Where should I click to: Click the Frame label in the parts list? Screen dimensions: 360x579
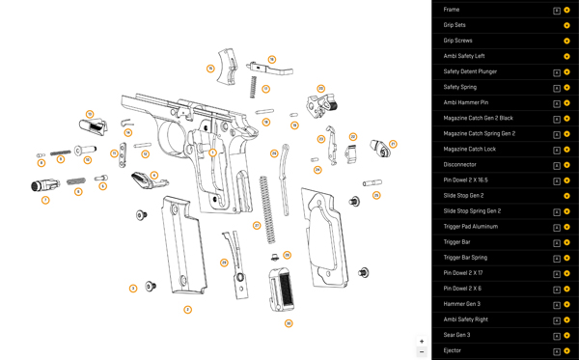pyautogui.click(x=452, y=10)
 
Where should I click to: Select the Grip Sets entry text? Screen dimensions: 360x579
pyautogui.click(x=455, y=25)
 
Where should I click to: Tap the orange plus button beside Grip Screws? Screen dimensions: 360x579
pyautogui.click(x=566, y=41)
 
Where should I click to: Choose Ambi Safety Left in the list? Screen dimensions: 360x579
pyautogui.click(x=464, y=56)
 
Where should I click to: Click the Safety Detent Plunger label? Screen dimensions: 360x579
pyautogui.click(x=470, y=71)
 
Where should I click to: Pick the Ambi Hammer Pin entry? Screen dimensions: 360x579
pyautogui.click(x=466, y=102)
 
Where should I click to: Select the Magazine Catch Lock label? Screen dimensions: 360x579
pyautogui.click(x=469, y=149)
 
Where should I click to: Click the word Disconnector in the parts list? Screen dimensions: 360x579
pyautogui.click(x=460, y=164)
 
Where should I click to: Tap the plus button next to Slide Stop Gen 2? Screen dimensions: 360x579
pyautogui.click(x=566, y=196)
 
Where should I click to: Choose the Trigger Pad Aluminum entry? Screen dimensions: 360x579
pyautogui.click(x=470, y=227)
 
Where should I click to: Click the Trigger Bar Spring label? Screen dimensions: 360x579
pyautogui.click(x=465, y=258)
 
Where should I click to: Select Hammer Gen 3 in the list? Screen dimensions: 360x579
pyautogui.click(x=461, y=304)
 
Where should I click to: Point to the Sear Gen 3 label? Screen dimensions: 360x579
pyautogui.click(x=457, y=335)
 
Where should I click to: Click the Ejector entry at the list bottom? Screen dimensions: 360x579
pyautogui.click(x=453, y=350)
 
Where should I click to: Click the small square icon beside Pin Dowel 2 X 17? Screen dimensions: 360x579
pyautogui.click(x=557, y=273)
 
